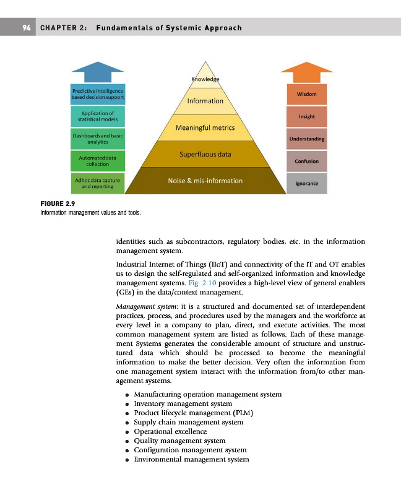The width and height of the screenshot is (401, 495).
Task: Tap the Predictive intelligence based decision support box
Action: point(98,94)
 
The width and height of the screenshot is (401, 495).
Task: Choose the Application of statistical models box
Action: point(98,116)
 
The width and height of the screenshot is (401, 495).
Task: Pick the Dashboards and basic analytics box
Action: point(98,138)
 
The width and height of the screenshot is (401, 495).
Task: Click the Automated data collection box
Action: point(98,161)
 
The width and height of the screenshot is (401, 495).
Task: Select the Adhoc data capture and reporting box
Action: point(98,183)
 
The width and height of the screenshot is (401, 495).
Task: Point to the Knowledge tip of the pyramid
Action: point(205,78)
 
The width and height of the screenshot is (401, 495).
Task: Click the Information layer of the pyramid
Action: point(205,101)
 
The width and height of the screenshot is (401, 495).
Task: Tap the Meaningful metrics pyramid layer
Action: point(205,127)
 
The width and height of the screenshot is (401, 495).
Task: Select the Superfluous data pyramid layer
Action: point(205,154)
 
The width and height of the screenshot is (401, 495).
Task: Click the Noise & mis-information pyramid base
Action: point(205,181)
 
